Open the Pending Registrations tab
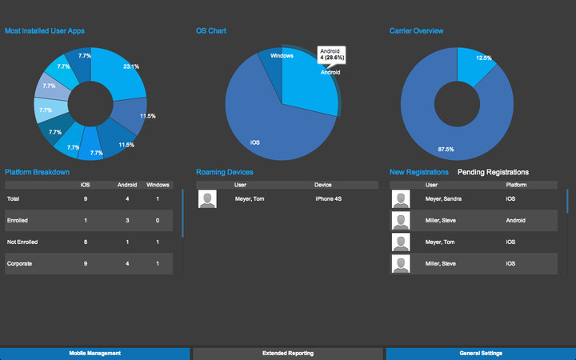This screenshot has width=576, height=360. (493, 172)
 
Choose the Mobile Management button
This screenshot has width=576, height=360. (94, 353)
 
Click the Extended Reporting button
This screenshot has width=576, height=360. (288, 353)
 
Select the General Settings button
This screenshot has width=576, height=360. (481, 353)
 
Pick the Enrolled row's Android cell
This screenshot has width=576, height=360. (127, 220)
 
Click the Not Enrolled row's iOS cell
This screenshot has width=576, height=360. (86, 242)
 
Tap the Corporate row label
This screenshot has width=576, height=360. (19, 263)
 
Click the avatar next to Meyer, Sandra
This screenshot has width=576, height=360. (401, 199)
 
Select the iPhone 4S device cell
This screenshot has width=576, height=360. (330, 198)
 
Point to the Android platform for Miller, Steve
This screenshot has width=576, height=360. (517, 220)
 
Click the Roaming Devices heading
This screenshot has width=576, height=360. (225, 172)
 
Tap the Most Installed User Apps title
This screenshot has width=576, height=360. (45, 30)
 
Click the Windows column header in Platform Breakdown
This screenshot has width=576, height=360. (158, 185)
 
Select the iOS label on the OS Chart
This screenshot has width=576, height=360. (255, 142)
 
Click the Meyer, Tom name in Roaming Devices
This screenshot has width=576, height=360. (250, 198)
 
